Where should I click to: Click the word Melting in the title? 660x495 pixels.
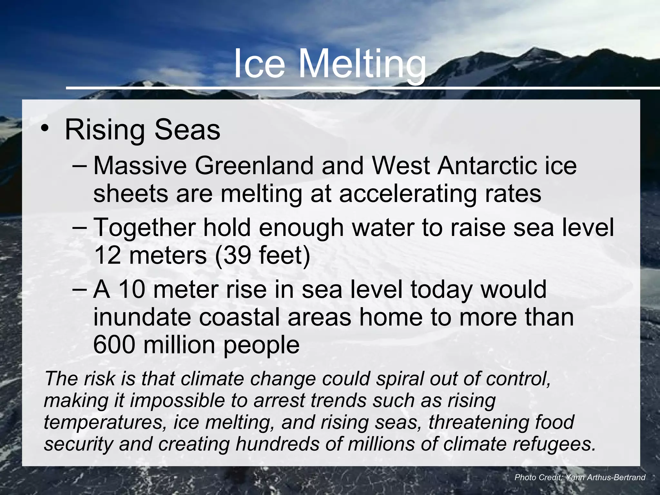pyautogui.click(x=362, y=64)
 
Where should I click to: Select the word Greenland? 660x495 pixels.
pyautogui.click(x=254, y=166)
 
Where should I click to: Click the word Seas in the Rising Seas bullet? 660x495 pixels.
pyautogui.click(x=187, y=130)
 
